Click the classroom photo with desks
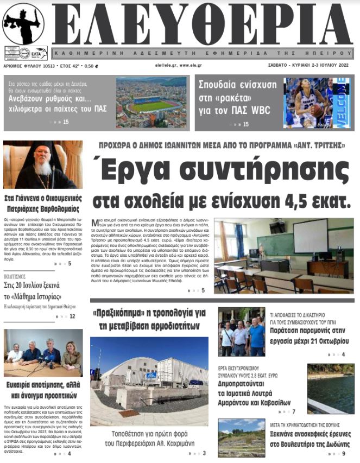click(283, 256)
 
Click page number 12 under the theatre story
click(72, 316)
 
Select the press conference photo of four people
click(43, 353)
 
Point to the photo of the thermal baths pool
click(330, 388)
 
